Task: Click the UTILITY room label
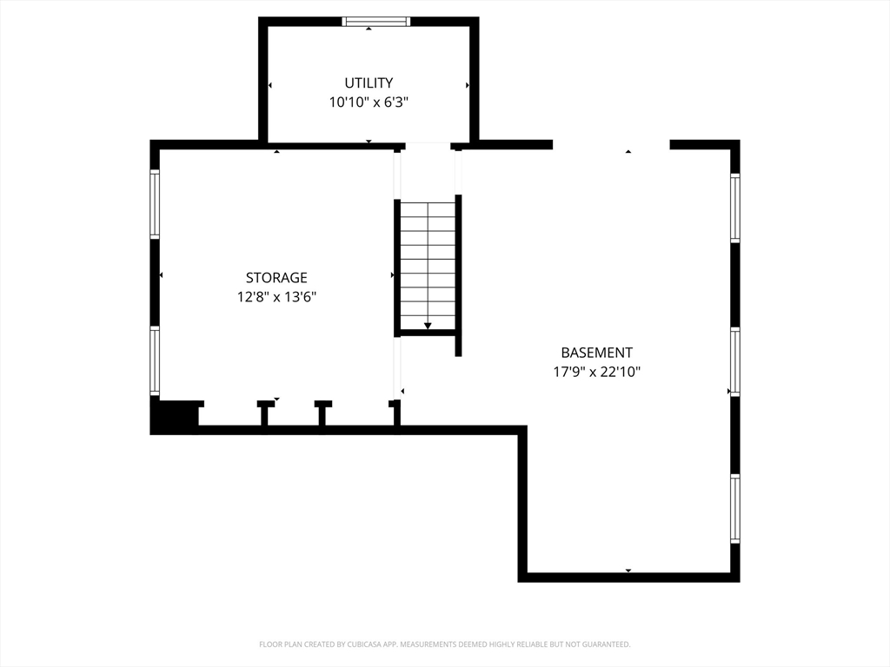(x=369, y=83)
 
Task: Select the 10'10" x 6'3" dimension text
(x=369, y=102)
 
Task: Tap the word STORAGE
(x=276, y=277)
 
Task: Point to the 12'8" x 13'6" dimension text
(x=276, y=297)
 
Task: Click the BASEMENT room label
(x=596, y=353)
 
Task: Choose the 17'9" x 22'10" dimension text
(x=596, y=372)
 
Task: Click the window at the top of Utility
(x=375, y=22)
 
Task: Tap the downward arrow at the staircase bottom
(x=428, y=326)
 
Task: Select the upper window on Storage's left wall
(x=155, y=203)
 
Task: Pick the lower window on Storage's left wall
(x=155, y=360)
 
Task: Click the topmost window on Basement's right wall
(x=735, y=208)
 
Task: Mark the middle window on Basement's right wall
(x=735, y=362)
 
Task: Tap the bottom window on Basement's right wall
(x=735, y=509)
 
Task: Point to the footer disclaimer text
(x=444, y=644)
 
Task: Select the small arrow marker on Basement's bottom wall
(x=628, y=570)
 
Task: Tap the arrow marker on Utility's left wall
(x=270, y=85)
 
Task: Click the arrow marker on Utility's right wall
(x=467, y=85)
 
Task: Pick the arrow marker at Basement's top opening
(x=628, y=151)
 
